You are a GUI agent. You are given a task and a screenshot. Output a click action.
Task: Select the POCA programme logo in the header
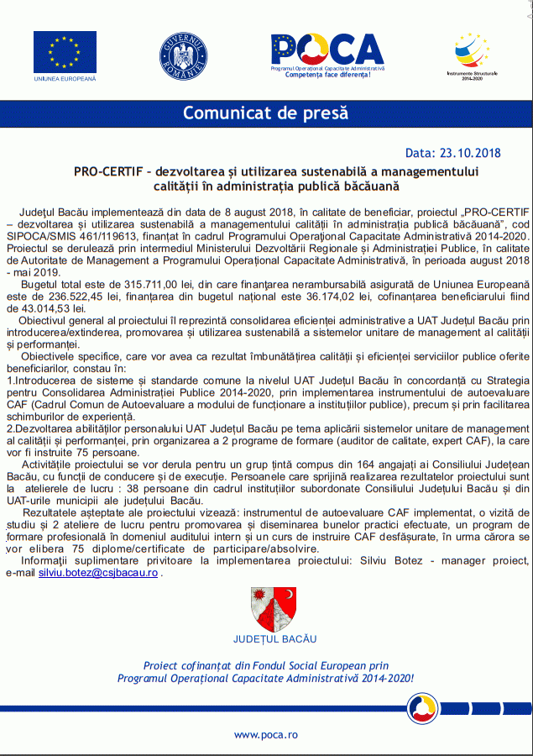(327, 50)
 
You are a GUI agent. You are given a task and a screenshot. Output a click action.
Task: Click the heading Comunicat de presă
(265, 113)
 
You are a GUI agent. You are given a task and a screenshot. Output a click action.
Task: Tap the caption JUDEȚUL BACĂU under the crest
(274, 639)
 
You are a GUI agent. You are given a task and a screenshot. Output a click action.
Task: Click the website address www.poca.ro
(265, 735)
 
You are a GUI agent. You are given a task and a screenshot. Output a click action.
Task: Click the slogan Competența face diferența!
(327, 75)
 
